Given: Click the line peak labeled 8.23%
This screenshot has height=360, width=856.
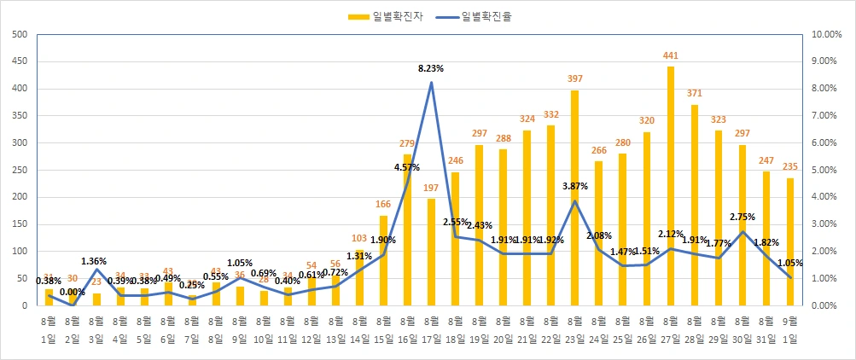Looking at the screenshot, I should coord(431,82).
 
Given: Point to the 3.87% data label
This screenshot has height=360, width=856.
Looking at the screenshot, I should coord(575,185).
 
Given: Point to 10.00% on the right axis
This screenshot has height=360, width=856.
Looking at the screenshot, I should coord(827,34).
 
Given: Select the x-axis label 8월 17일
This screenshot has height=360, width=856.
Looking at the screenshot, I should coord(431,329).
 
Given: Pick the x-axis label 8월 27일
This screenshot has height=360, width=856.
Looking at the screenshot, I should coord(671,329).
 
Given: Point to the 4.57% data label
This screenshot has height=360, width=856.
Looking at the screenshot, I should coord(408,168).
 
